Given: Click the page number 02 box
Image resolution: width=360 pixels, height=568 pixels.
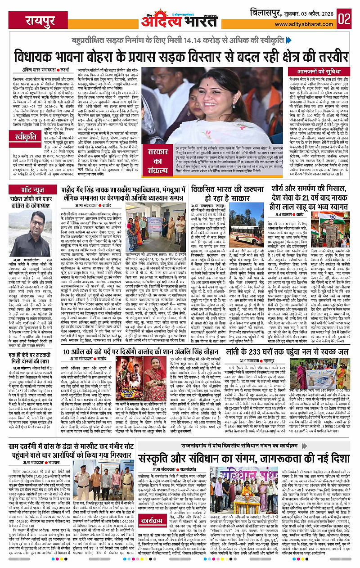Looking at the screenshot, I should [x=347, y=19].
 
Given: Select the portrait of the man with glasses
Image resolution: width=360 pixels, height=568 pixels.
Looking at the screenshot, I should [x=38, y=230].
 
